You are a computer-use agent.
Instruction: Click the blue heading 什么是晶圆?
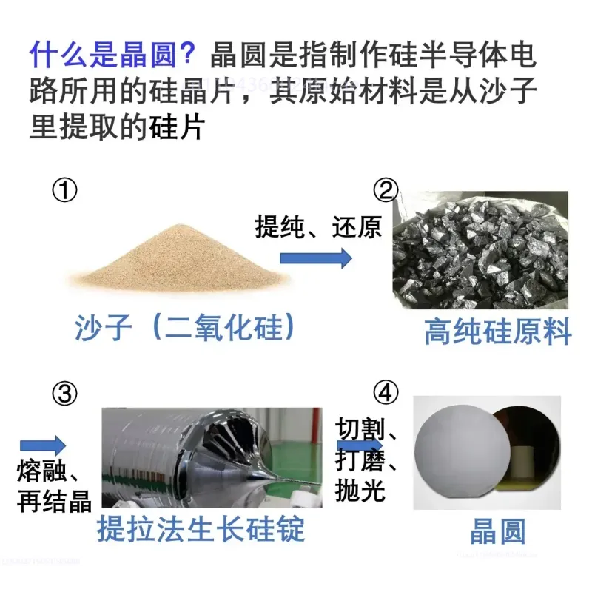(112, 55)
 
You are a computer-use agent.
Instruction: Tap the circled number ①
(64, 190)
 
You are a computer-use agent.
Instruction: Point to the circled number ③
(64, 394)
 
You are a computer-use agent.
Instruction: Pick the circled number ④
(386, 393)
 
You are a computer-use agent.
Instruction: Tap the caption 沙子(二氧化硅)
(184, 328)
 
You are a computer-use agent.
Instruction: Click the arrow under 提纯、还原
(316, 258)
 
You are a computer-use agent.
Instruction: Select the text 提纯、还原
(318, 226)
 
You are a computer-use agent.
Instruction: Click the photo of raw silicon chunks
(480, 250)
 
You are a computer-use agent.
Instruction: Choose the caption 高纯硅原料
(497, 332)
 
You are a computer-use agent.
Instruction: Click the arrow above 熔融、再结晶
(43, 445)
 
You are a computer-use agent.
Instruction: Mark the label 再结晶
(54, 501)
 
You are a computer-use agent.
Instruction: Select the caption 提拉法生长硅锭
(201, 529)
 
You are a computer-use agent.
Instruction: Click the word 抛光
(360, 490)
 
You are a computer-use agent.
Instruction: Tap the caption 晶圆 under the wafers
(498, 531)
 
